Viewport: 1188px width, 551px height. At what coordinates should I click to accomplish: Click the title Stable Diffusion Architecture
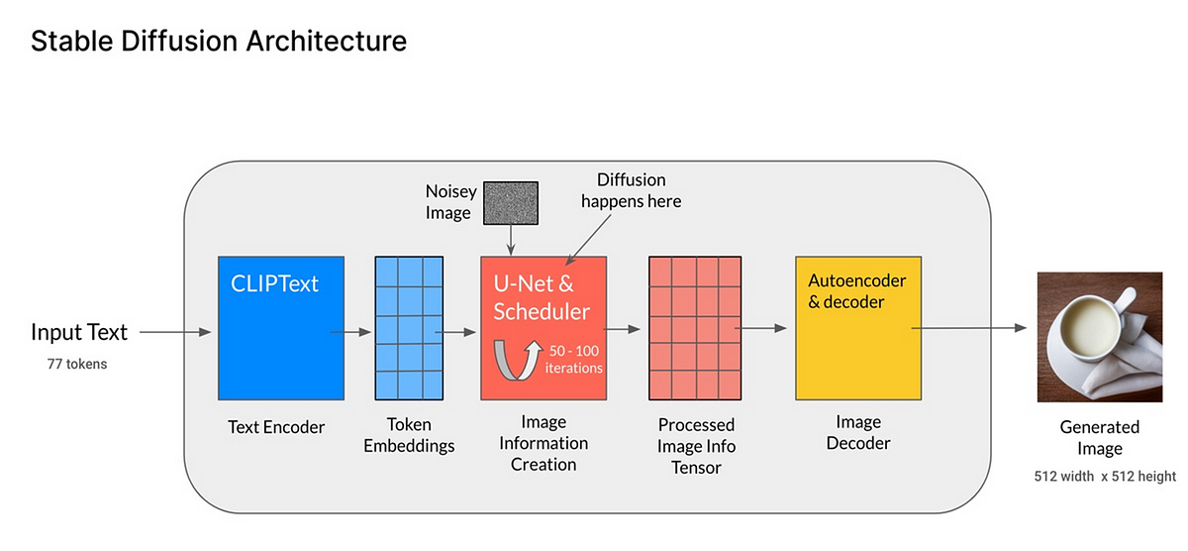219,41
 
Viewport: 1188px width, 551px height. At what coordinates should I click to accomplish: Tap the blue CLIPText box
281,328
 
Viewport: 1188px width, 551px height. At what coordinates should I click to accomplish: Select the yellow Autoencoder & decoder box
858,328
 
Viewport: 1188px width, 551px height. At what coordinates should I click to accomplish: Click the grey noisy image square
511,203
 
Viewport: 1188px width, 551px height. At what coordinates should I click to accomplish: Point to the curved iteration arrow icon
517,361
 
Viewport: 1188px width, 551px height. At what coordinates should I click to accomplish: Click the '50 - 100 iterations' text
574,360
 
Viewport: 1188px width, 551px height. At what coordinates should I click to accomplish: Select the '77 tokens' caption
77,364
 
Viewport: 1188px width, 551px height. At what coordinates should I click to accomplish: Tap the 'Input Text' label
79,332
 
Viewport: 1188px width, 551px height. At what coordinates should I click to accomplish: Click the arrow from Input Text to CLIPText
175,332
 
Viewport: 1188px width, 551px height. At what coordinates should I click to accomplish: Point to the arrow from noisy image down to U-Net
511,240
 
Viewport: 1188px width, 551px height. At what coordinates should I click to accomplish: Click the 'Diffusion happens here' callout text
632,190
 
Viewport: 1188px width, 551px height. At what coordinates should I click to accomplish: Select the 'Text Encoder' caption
276,427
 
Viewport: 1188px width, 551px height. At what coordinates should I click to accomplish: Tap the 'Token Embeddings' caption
409,435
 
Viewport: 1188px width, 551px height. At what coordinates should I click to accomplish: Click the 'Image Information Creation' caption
544,443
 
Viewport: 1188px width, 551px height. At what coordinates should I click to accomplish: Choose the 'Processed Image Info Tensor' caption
696,446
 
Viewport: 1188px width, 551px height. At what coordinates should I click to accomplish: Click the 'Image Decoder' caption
858,432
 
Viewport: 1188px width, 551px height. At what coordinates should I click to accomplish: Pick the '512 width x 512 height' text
1105,476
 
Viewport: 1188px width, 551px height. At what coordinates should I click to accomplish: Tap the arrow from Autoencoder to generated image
969,328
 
